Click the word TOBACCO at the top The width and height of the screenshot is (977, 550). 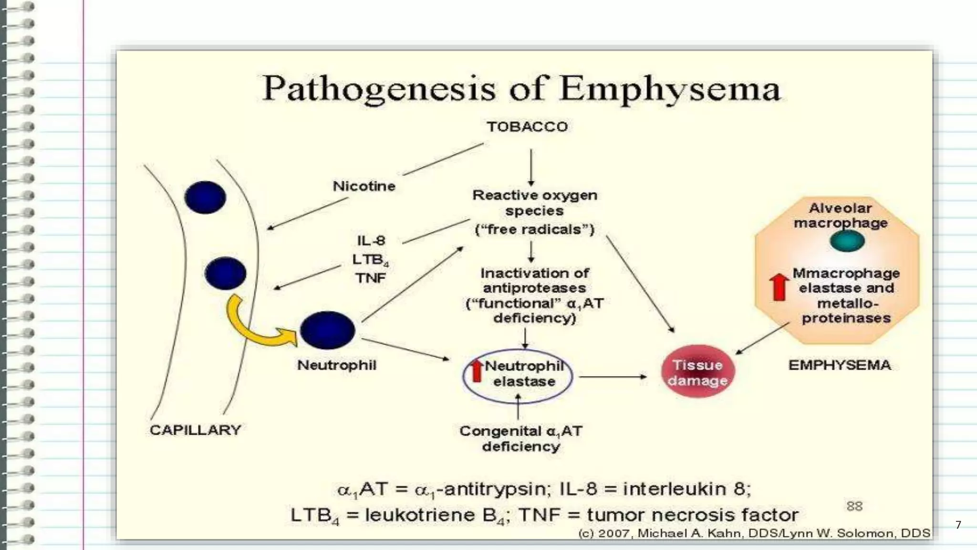(x=527, y=127)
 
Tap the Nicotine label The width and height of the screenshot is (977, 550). (x=364, y=186)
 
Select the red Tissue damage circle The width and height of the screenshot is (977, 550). (x=697, y=372)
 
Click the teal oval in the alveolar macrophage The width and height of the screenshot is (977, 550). (x=847, y=241)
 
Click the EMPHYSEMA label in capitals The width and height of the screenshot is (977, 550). (x=839, y=365)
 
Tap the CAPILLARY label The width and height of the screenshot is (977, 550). (x=195, y=430)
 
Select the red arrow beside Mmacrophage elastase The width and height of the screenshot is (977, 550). (x=779, y=287)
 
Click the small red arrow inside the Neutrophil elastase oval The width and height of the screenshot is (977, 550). (x=477, y=371)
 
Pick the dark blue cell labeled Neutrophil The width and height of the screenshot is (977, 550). (x=328, y=330)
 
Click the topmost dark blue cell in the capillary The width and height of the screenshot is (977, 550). (x=205, y=197)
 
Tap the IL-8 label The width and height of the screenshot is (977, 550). (x=371, y=241)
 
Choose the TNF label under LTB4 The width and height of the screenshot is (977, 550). (x=370, y=278)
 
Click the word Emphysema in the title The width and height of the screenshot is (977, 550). (x=670, y=89)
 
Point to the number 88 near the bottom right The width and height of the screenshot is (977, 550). (x=854, y=506)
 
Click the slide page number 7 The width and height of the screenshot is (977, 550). (x=958, y=525)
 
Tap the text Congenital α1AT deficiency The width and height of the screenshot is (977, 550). (x=520, y=438)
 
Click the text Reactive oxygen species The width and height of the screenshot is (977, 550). (x=534, y=203)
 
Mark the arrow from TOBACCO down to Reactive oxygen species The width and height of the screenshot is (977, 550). (x=531, y=167)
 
